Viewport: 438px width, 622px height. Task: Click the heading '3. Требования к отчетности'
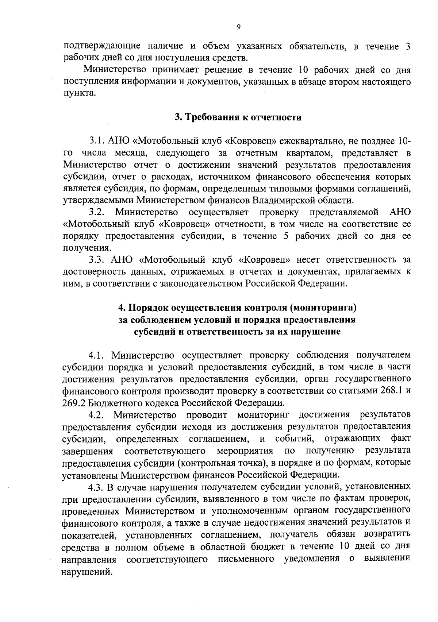pos(238,117)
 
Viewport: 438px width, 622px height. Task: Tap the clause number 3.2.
pos(97,212)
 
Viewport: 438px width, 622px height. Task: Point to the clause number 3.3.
pos(97,260)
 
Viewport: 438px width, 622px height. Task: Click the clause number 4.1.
pos(96,355)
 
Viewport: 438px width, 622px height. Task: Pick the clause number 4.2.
pos(97,415)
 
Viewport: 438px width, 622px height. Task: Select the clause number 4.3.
pos(97,487)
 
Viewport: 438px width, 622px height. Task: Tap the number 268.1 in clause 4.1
pos(388,391)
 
